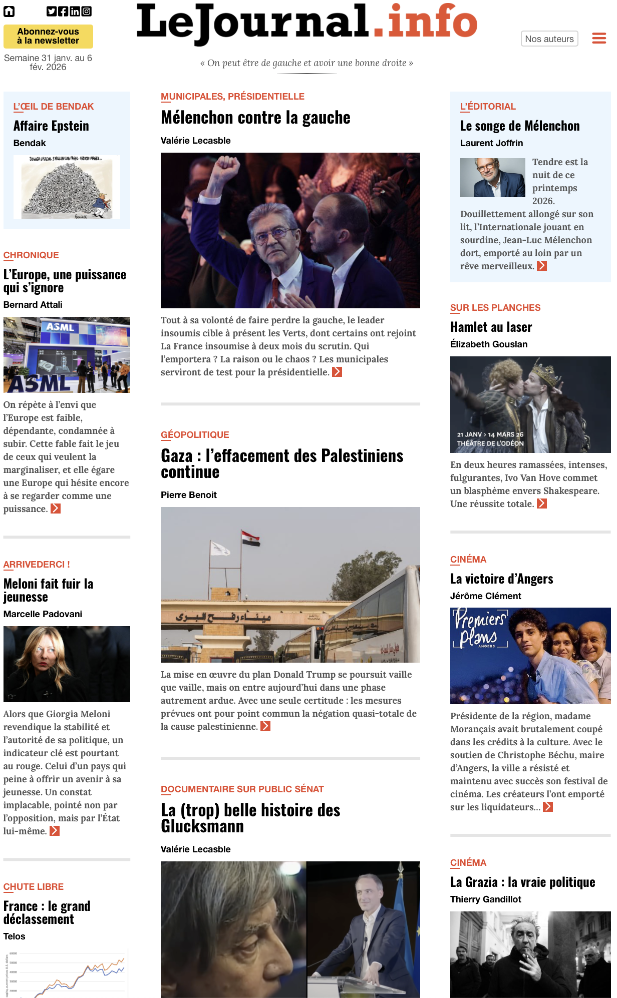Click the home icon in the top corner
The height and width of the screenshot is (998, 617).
point(9,12)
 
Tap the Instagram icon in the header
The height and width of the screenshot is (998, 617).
point(87,12)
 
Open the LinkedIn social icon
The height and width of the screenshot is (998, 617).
point(75,12)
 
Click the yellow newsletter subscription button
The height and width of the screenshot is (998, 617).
point(48,37)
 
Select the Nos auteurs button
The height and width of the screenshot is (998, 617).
point(549,39)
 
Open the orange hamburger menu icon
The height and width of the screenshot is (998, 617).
point(599,39)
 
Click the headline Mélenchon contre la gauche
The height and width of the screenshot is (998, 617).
point(255,118)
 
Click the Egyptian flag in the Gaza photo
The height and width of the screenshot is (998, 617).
point(250,539)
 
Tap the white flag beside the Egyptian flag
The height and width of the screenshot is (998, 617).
point(220,549)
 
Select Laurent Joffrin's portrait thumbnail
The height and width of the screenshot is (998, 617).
point(492,178)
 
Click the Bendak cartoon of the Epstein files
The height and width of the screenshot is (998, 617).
point(67,187)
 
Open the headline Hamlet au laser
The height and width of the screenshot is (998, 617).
point(491,327)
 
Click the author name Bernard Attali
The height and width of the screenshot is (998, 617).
point(33,305)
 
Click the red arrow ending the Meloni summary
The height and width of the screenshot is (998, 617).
point(55,831)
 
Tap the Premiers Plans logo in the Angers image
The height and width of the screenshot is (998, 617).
point(479,628)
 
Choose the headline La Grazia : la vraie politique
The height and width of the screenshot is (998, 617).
point(522,882)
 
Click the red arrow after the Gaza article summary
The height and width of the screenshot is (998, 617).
point(265,726)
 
